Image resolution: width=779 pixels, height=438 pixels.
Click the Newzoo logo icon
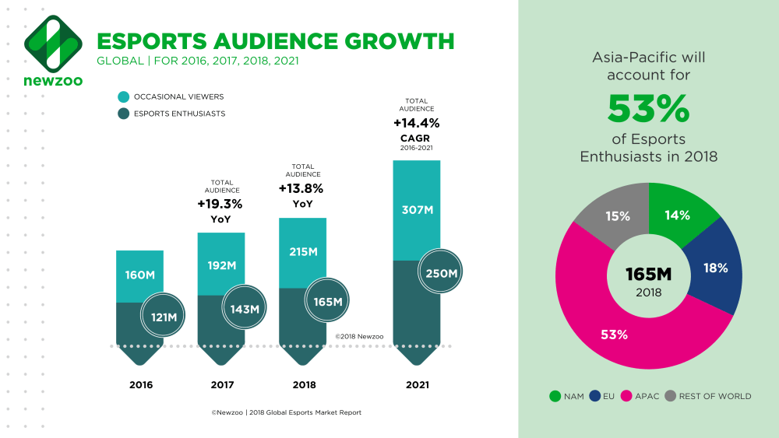(54, 44)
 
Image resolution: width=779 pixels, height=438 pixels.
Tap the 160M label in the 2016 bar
(140, 274)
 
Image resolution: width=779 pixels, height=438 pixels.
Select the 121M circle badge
(164, 317)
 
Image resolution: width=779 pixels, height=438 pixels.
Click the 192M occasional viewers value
(221, 265)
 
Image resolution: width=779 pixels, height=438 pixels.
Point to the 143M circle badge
(245, 309)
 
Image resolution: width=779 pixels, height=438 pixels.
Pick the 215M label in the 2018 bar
(302, 252)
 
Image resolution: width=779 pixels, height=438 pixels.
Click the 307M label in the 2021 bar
(417, 208)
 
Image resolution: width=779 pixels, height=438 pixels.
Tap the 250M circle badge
(441, 273)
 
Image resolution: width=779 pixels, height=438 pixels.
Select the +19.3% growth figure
(220, 205)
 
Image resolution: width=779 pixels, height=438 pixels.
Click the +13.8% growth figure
(300, 188)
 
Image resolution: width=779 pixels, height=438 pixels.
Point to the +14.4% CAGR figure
(416, 123)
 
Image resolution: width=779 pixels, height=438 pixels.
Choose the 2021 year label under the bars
(417, 384)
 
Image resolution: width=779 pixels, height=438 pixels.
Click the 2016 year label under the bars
(140, 384)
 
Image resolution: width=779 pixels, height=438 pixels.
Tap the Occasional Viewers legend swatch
(124, 97)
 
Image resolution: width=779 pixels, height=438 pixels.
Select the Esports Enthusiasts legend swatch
(124, 114)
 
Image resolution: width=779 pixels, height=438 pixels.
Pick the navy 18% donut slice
(714, 268)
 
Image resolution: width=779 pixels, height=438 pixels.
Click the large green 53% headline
(648, 109)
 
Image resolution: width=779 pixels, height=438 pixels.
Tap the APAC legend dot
(626, 396)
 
